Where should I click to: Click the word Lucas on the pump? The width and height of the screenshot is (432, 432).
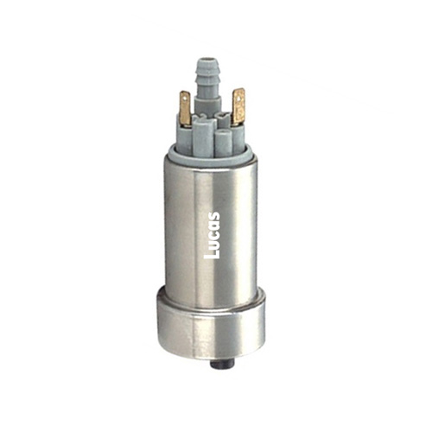pos(212,235)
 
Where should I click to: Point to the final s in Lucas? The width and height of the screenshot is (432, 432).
pos(214,217)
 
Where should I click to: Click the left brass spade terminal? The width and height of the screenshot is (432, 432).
pos(185,108)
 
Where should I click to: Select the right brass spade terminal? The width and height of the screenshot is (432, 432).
pos(238,106)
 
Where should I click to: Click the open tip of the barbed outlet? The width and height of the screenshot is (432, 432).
pos(204,60)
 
